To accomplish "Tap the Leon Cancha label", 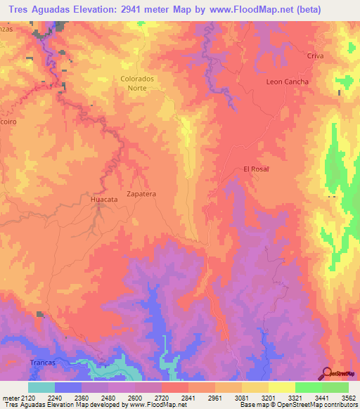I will tap(287, 82).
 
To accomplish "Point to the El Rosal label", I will tap(256, 169).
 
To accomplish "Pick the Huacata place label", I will tap(103, 200).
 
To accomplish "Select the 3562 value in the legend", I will tap(349, 398).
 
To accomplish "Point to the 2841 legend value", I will tap(188, 398).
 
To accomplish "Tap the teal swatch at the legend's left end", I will tap(41, 387).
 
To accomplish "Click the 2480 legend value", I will tap(108, 398).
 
